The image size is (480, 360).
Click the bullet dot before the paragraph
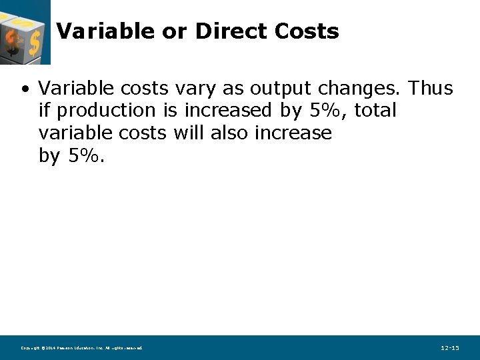25,89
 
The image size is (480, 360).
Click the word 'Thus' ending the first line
431,88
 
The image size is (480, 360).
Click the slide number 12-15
450,348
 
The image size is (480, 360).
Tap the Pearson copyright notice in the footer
81,348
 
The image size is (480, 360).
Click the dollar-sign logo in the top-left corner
25,32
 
